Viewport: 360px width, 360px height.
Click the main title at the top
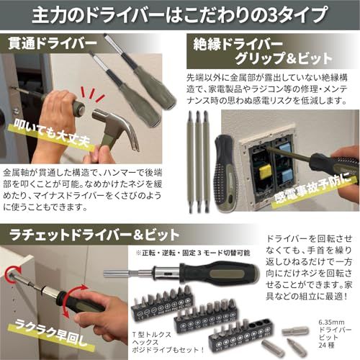pos(180,15)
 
